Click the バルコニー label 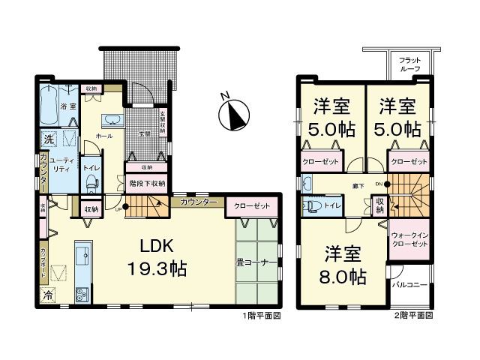pyautogui.click(x=409, y=286)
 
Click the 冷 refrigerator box pyautogui.click(x=47, y=294)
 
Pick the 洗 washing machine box pyautogui.click(x=48, y=139)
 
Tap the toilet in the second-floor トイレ pyautogui.click(x=310, y=204)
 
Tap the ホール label pyautogui.click(x=104, y=136)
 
